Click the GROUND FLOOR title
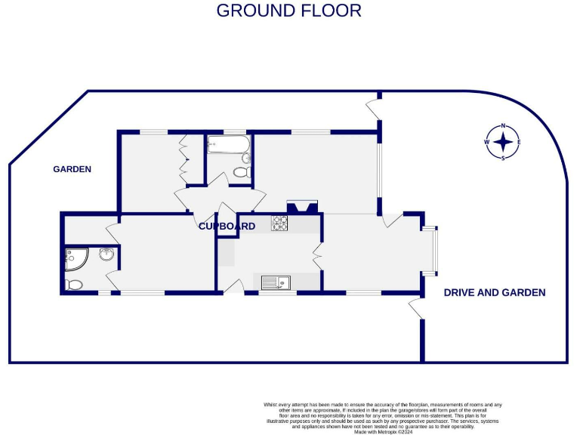pos(289,11)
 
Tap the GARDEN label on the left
pos(72,169)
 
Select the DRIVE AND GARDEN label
pos(494,292)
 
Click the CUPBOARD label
pos(227,226)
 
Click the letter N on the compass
pos(504,127)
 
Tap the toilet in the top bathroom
pos(242,172)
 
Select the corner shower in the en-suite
pos(76,259)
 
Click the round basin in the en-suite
pos(106,255)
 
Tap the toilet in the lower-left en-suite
pos(73,285)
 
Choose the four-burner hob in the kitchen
pos(280,223)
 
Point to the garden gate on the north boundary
pos(373,108)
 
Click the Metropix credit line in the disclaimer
pos(381,431)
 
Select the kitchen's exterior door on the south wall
pos(235,286)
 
